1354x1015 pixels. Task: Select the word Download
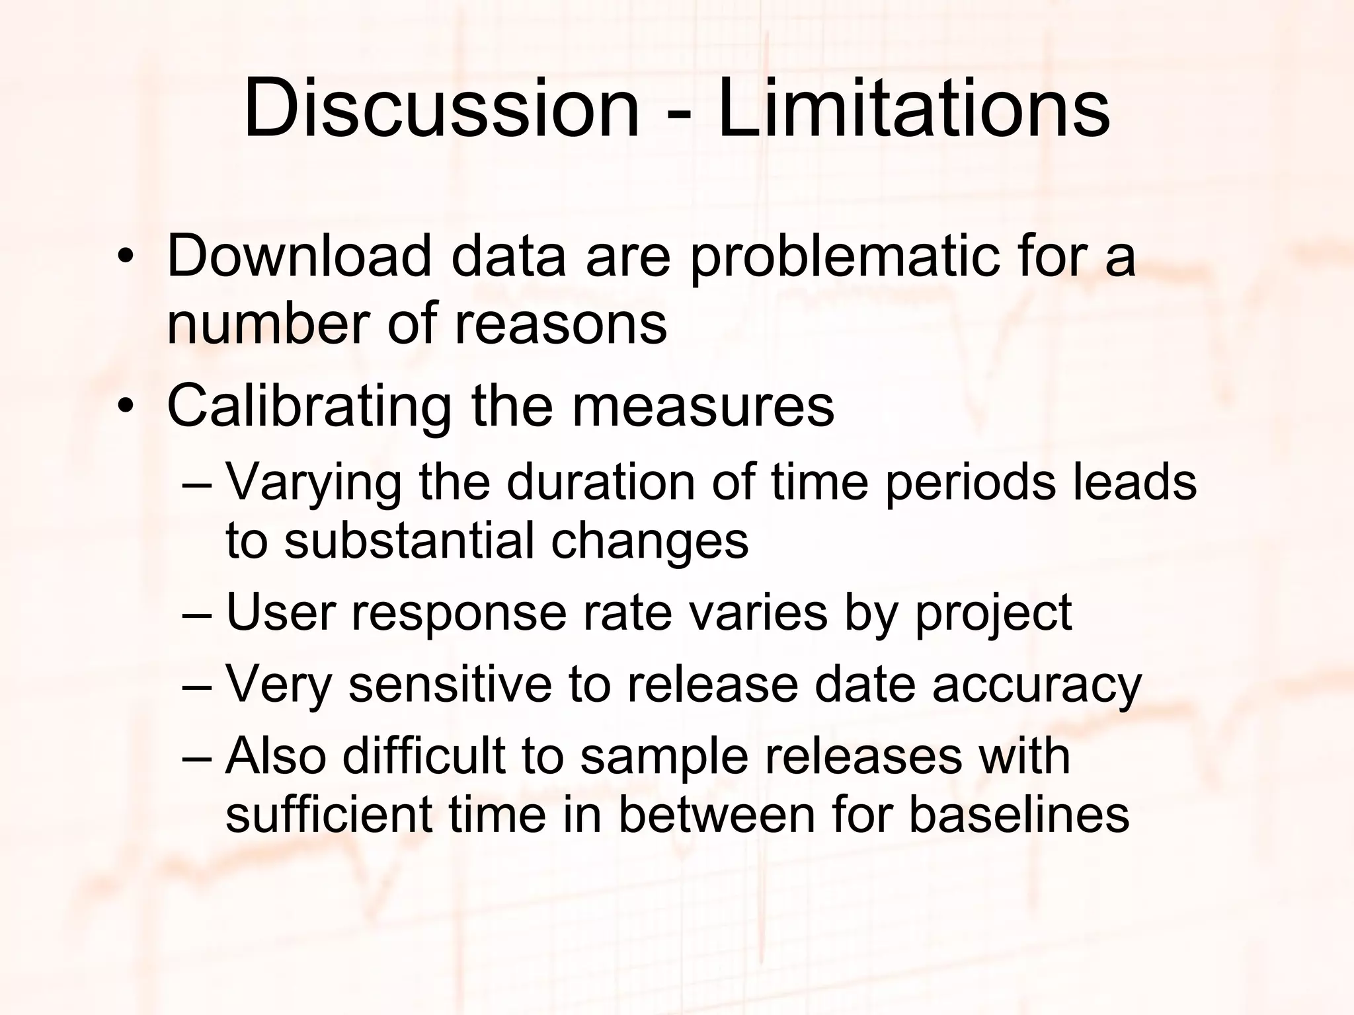click(299, 256)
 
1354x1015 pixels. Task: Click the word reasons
click(561, 324)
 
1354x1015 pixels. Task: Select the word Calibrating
click(309, 406)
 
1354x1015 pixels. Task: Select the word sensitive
click(450, 685)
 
